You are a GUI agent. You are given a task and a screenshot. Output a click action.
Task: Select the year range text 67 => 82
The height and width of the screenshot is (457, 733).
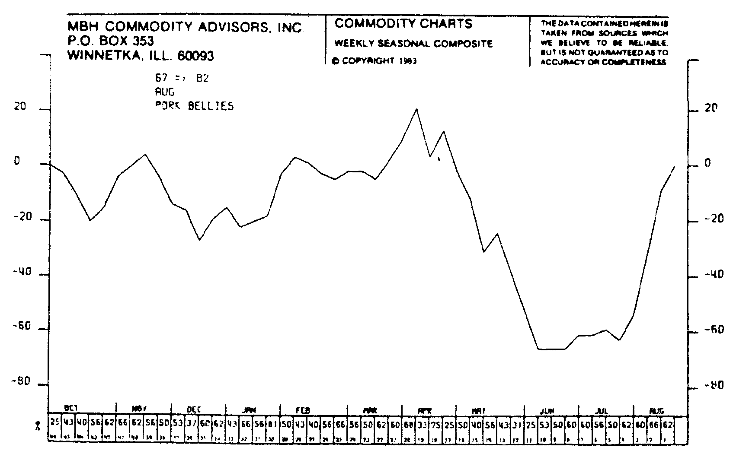tap(182, 78)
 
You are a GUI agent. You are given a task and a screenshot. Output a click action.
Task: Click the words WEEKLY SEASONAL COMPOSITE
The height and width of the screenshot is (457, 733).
tap(413, 44)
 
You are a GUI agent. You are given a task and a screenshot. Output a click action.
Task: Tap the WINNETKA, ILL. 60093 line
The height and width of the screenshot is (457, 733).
tap(141, 56)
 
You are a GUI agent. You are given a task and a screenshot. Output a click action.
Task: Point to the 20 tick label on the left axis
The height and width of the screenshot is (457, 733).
tap(20, 107)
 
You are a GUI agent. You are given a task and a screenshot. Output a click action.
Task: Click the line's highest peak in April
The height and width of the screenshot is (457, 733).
tap(416, 109)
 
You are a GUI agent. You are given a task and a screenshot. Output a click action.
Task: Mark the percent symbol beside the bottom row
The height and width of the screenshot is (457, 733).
tap(38, 427)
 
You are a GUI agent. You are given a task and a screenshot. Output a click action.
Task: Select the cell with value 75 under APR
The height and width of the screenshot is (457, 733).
tap(436, 425)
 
